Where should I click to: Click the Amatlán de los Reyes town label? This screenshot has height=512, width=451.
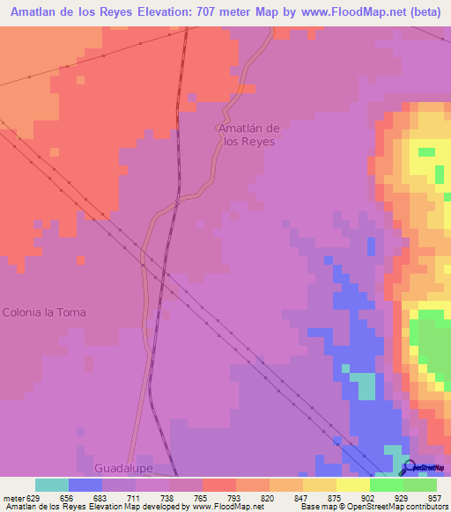pyautogui.click(x=248, y=135)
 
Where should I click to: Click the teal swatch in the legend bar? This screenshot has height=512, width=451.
pyautogui.click(x=52, y=484)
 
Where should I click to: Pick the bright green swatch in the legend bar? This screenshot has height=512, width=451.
pyautogui.click(x=386, y=484)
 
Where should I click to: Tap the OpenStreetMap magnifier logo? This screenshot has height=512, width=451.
pyautogui.click(x=408, y=467)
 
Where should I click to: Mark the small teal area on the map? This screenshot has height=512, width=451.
pyautogui.click(x=361, y=384)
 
